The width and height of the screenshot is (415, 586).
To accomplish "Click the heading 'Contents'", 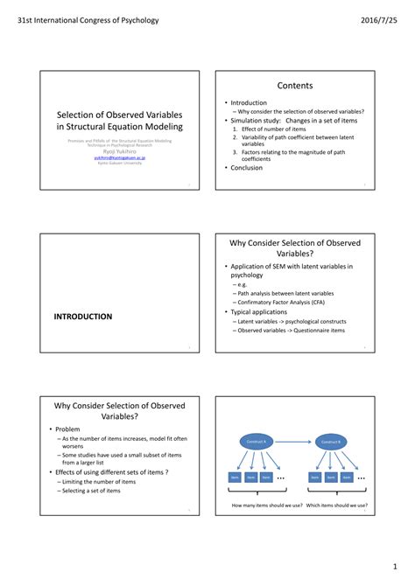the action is point(295,85).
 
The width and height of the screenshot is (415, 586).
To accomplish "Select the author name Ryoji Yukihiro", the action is point(115,150).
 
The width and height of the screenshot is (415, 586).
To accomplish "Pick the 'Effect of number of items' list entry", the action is point(277,129).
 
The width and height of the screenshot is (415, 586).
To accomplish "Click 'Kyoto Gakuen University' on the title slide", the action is point(115,163).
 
